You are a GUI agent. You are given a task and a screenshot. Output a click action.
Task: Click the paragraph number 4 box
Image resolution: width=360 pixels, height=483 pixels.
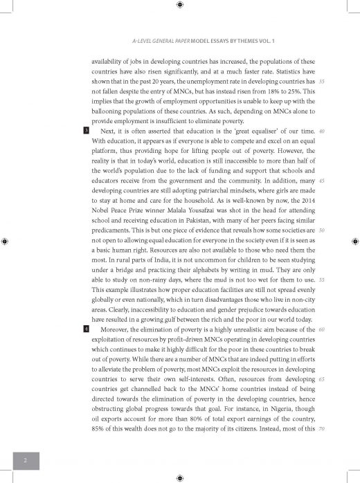86,329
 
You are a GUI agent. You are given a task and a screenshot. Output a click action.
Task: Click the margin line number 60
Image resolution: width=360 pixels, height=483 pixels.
323,329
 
